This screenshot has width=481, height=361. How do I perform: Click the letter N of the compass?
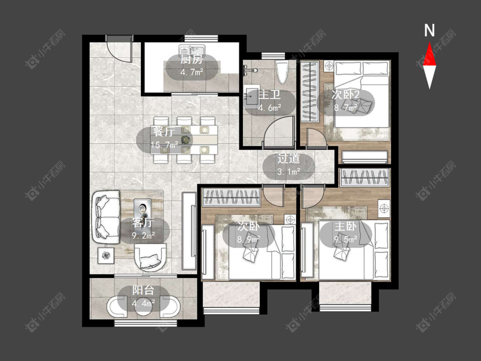point(429,30)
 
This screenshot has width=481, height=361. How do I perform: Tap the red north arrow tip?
point(429,42)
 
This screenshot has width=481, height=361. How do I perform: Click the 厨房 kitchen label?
point(192,59)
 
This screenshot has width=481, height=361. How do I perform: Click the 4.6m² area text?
point(270,108)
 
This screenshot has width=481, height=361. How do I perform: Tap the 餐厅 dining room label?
point(164,132)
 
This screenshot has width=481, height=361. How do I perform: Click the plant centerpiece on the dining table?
point(185,140)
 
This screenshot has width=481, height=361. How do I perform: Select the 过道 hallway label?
point(288,159)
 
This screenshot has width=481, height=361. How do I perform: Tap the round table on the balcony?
point(143,307)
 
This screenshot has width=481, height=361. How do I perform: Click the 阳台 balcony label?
point(143,290)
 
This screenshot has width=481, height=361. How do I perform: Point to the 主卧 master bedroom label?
point(345,227)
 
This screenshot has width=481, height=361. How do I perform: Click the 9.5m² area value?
point(346,240)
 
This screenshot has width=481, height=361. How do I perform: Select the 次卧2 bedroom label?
point(345,95)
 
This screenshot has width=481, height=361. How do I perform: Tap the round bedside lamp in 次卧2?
point(329,66)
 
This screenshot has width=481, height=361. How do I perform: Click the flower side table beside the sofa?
point(106,255)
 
